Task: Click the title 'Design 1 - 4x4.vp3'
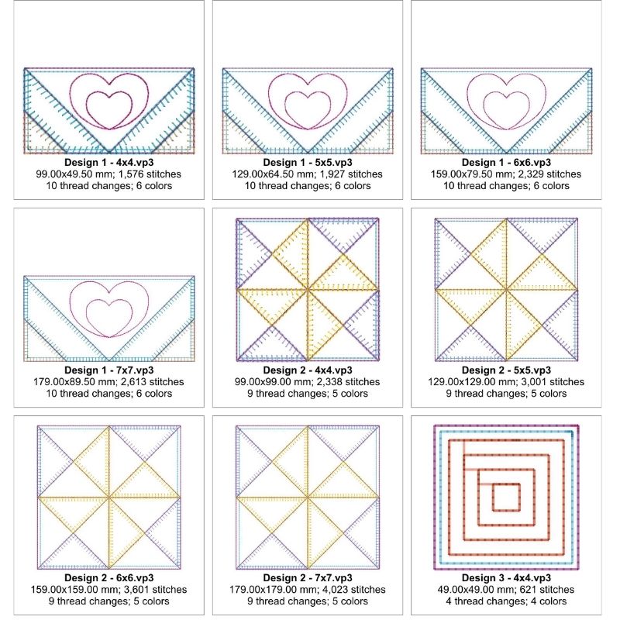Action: [x=108, y=163]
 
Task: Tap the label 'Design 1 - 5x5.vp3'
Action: [x=308, y=163]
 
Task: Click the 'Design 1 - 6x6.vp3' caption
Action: [x=506, y=163]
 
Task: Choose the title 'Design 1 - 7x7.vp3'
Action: [x=108, y=370]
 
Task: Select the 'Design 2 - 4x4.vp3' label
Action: [x=308, y=370]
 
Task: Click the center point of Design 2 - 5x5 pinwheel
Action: [x=506, y=290]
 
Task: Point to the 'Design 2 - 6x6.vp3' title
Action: [x=108, y=577]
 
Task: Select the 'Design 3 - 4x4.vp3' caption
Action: [x=506, y=577]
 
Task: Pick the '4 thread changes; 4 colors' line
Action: [x=506, y=601]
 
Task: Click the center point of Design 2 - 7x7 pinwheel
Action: [x=308, y=498]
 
